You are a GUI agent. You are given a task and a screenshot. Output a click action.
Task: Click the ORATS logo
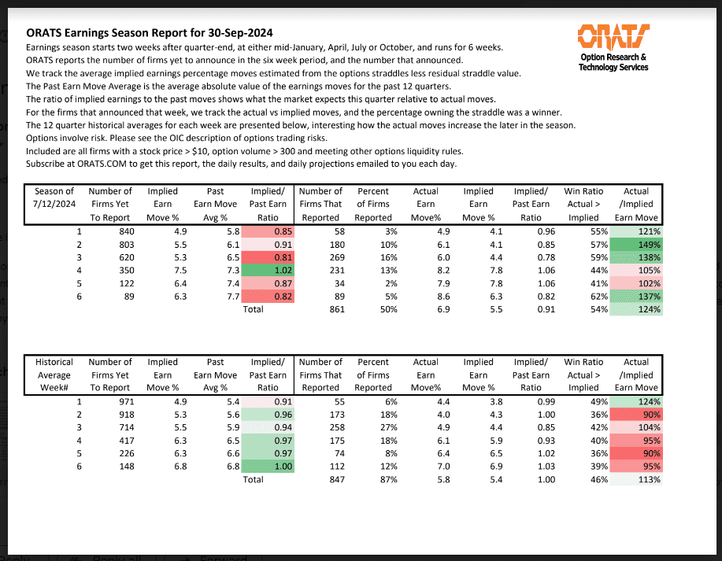coord(613,36)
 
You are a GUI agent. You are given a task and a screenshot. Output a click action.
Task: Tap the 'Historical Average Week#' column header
coord(55,375)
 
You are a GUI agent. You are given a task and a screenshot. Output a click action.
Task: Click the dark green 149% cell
coord(635,245)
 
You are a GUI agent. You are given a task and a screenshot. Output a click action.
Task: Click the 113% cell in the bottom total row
coord(635,480)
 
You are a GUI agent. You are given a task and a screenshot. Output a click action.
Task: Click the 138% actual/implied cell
coord(635,258)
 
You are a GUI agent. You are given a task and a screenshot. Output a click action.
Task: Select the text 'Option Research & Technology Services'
coord(613,62)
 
